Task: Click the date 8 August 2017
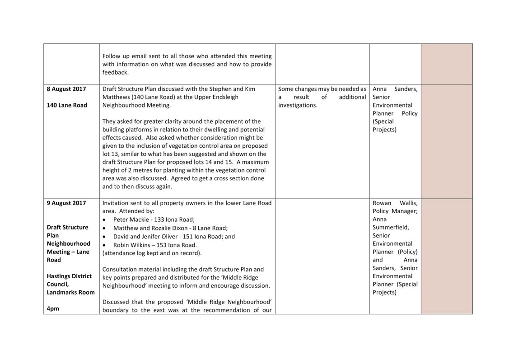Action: [66, 89]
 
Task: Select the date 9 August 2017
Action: [66, 203]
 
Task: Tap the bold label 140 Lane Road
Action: [67, 105]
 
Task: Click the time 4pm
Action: [53, 309]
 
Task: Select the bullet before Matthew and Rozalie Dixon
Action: [104, 228]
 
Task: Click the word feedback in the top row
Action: [115, 72]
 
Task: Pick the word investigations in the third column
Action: [298, 105]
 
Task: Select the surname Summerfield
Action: [391, 227]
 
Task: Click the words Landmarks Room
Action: [70, 292]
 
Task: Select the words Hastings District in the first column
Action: [69, 276]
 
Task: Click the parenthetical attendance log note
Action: [152, 253]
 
